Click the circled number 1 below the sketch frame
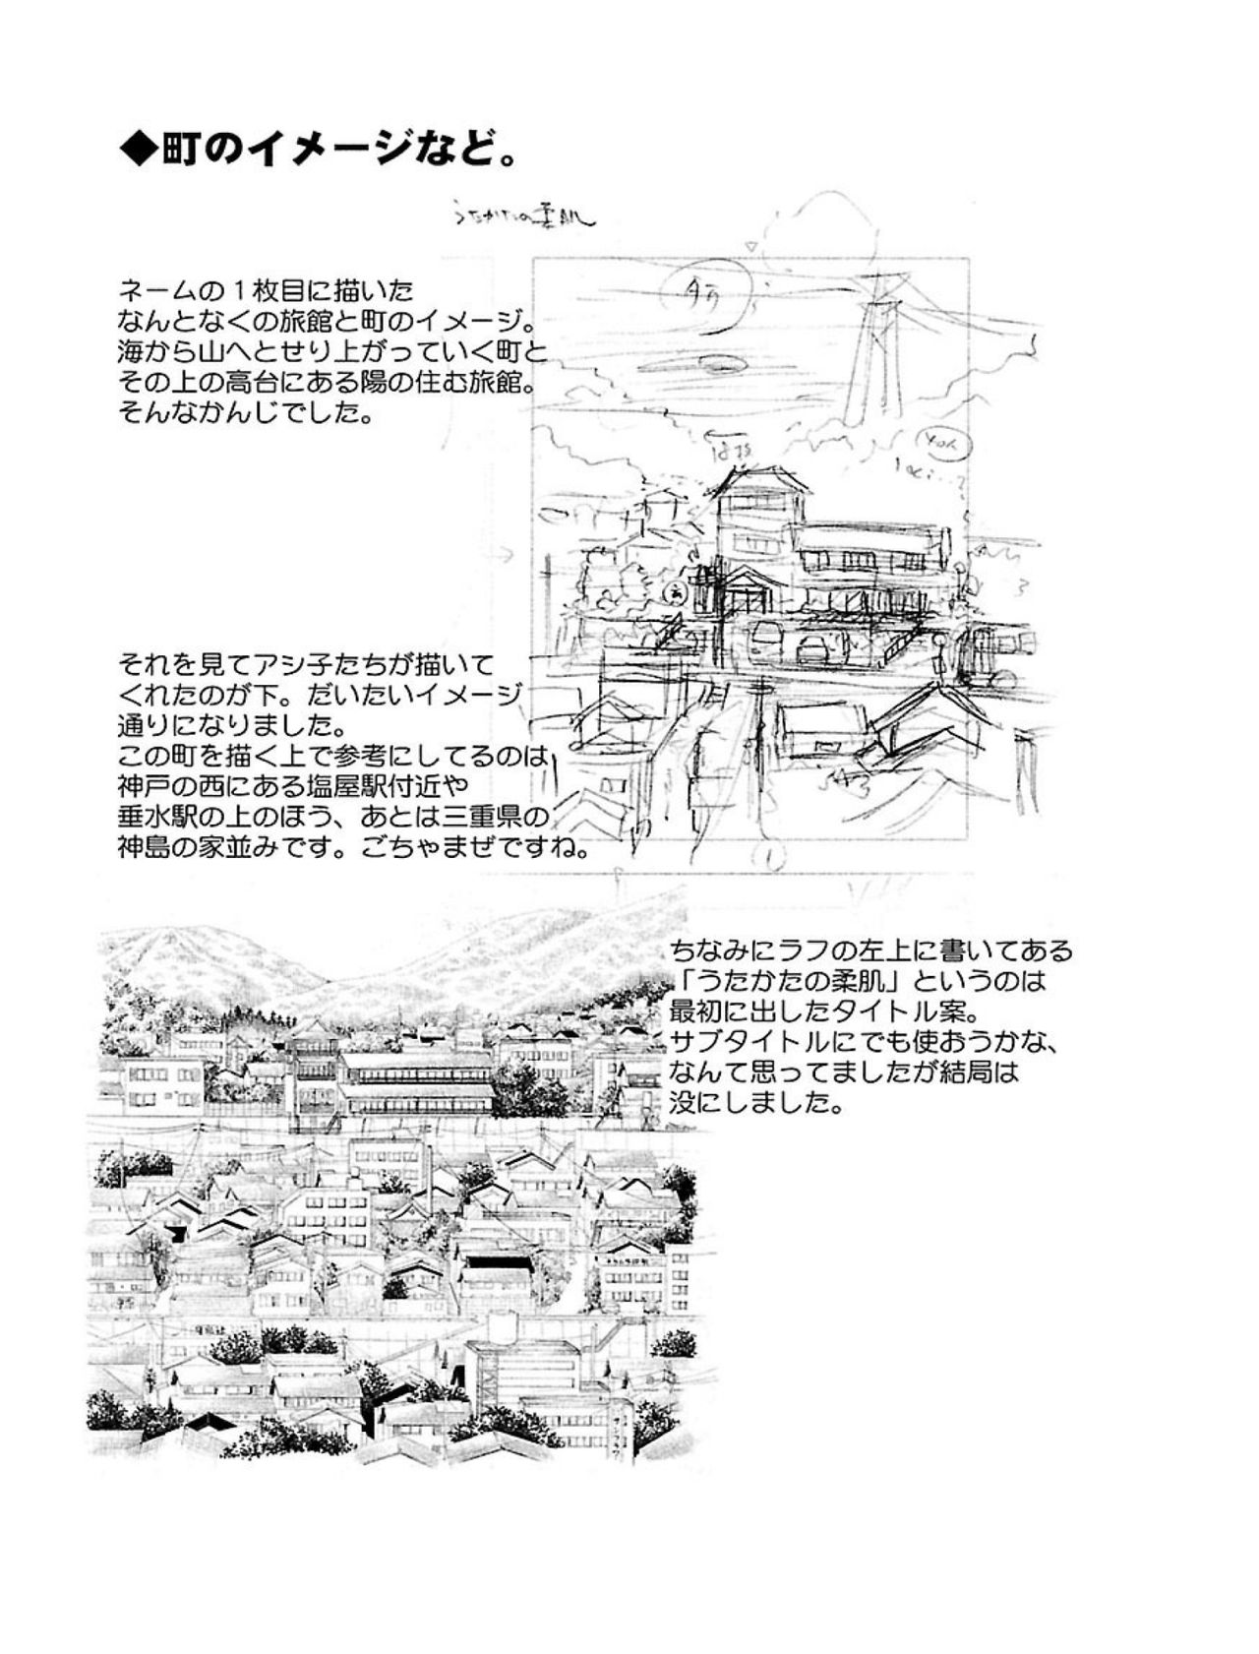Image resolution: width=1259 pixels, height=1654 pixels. pos(772,857)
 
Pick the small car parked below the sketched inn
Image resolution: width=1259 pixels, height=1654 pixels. pos(814,646)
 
